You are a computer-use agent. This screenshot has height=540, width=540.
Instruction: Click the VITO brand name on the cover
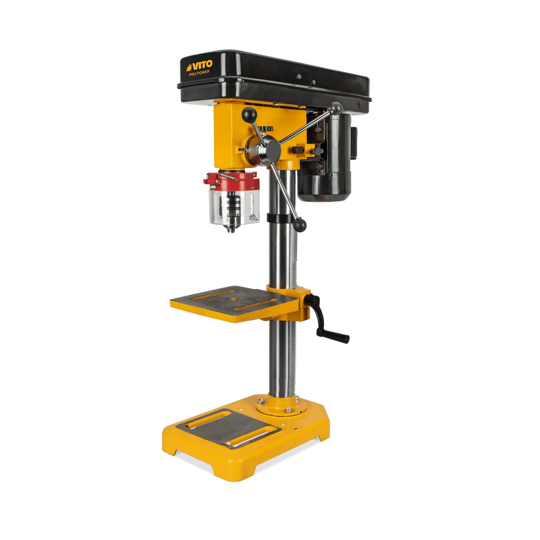(x=199, y=65)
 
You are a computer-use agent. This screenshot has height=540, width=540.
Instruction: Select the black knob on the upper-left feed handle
(x=250, y=115)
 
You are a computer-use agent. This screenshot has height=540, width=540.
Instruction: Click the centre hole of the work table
(x=235, y=298)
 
